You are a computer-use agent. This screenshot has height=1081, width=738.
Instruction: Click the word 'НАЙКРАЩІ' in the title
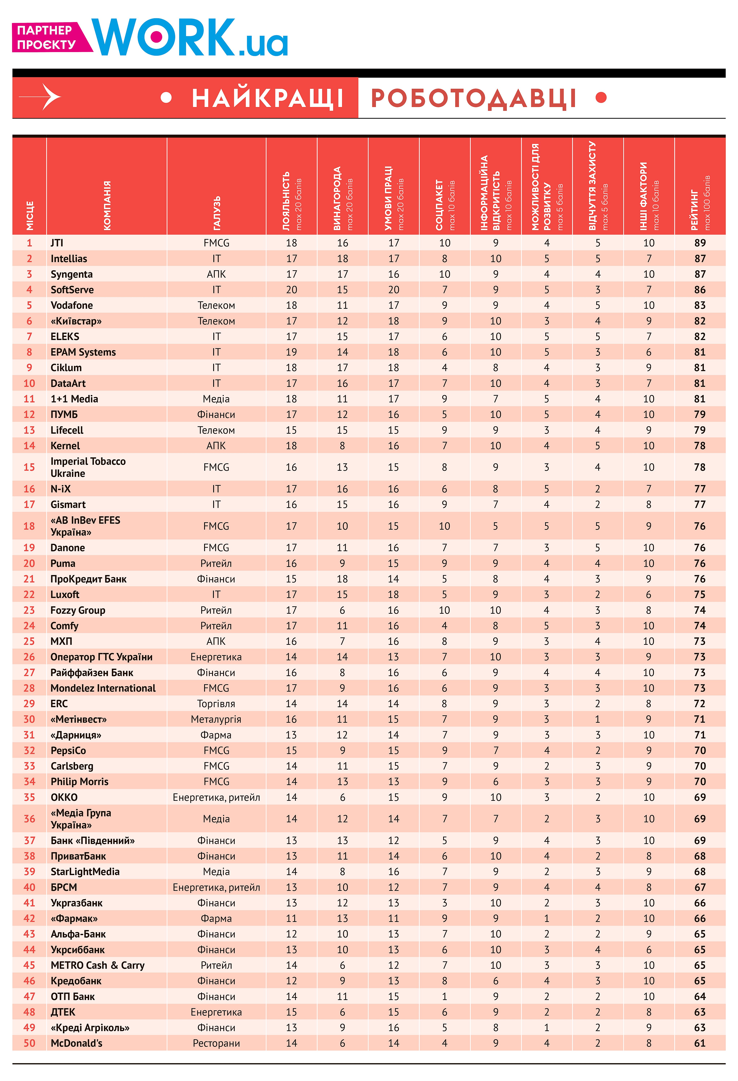[x=268, y=98]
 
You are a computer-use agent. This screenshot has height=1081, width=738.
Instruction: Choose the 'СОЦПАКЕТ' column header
[x=440, y=205]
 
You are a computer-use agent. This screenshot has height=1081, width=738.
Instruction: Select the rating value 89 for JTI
[x=699, y=243]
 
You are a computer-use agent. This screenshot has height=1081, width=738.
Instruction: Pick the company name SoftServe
[x=72, y=290]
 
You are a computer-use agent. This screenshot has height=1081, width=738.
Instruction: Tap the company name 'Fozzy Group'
[x=78, y=610]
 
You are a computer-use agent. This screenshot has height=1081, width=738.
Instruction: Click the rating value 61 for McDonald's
[x=699, y=1043]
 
